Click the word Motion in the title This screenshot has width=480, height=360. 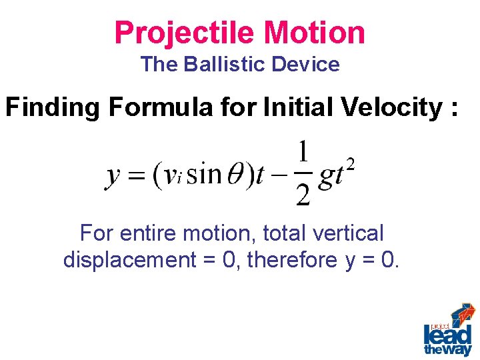[x=315, y=33]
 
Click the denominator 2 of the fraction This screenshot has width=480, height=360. [x=302, y=195]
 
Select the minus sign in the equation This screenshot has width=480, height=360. [x=279, y=176]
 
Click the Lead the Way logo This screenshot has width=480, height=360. [x=448, y=331]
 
